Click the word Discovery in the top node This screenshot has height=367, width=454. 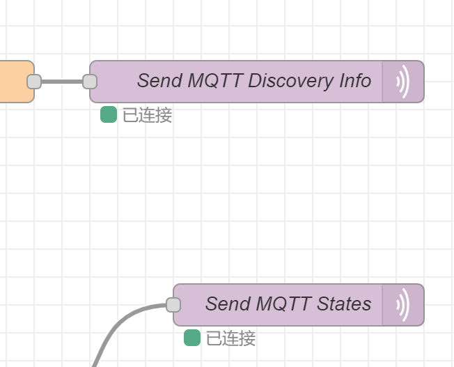(x=290, y=81)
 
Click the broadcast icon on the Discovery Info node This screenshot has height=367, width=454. (x=402, y=82)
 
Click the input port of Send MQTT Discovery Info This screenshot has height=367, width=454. (x=90, y=82)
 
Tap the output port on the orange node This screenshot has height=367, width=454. (x=34, y=82)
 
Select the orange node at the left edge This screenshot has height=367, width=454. (x=14, y=82)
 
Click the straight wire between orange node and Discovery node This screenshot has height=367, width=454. (x=62, y=82)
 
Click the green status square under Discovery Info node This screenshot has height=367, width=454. (x=109, y=114)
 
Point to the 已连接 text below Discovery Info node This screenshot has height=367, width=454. (x=147, y=115)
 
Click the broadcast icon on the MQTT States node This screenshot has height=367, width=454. (x=402, y=305)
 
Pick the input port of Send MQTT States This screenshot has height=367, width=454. (x=173, y=305)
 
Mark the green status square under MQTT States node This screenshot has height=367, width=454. (x=192, y=338)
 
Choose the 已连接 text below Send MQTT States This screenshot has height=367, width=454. (x=230, y=338)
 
